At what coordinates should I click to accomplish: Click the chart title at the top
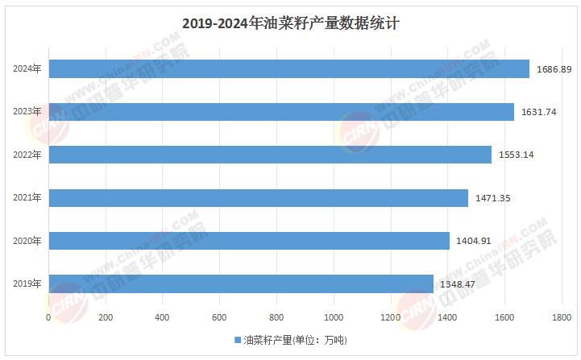291,23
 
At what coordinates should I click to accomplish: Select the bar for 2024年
288,69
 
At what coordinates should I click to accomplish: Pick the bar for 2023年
281,112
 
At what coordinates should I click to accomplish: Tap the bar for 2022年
270,155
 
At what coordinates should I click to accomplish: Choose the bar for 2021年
258,197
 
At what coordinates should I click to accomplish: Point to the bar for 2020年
249,240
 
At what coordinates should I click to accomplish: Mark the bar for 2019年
241,283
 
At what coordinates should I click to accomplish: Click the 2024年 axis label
27,69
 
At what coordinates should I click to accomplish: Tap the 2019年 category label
27,283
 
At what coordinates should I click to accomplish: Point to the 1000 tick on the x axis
334,318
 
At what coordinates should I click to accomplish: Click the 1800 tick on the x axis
562,318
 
